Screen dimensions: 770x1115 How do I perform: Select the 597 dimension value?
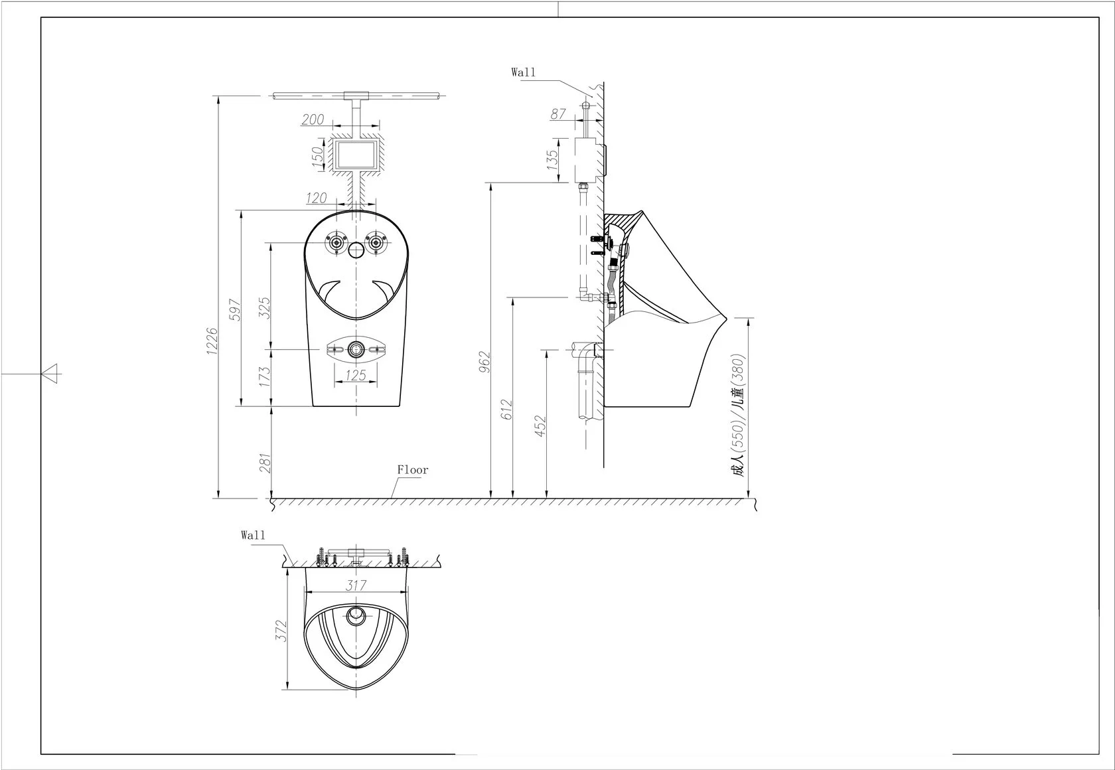(x=234, y=309)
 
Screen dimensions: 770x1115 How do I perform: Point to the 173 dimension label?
(x=264, y=377)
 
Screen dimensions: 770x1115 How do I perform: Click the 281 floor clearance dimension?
(x=264, y=463)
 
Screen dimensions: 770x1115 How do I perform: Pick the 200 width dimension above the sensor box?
(x=313, y=119)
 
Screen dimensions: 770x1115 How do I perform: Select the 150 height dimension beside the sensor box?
(x=317, y=155)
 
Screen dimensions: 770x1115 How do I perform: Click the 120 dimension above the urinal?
(x=316, y=198)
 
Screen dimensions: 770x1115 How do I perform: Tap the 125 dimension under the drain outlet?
(x=356, y=376)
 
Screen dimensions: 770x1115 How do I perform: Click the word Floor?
(x=413, y=470)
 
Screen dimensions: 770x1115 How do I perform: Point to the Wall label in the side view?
(x=523, y=72)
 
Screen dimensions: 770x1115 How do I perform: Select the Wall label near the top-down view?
(x=253, y=535)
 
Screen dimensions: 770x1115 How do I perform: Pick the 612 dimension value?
(x=507, y=410)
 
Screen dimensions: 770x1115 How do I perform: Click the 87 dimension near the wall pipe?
(x=558, y=114)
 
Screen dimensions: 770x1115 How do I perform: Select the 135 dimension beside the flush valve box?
(x=552, y=160)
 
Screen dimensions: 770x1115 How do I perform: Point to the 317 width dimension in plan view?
(x=356, y=585)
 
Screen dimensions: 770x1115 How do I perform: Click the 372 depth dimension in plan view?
(x=281, y=631)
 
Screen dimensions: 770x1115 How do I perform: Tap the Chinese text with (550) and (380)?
(x=739, y=415)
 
